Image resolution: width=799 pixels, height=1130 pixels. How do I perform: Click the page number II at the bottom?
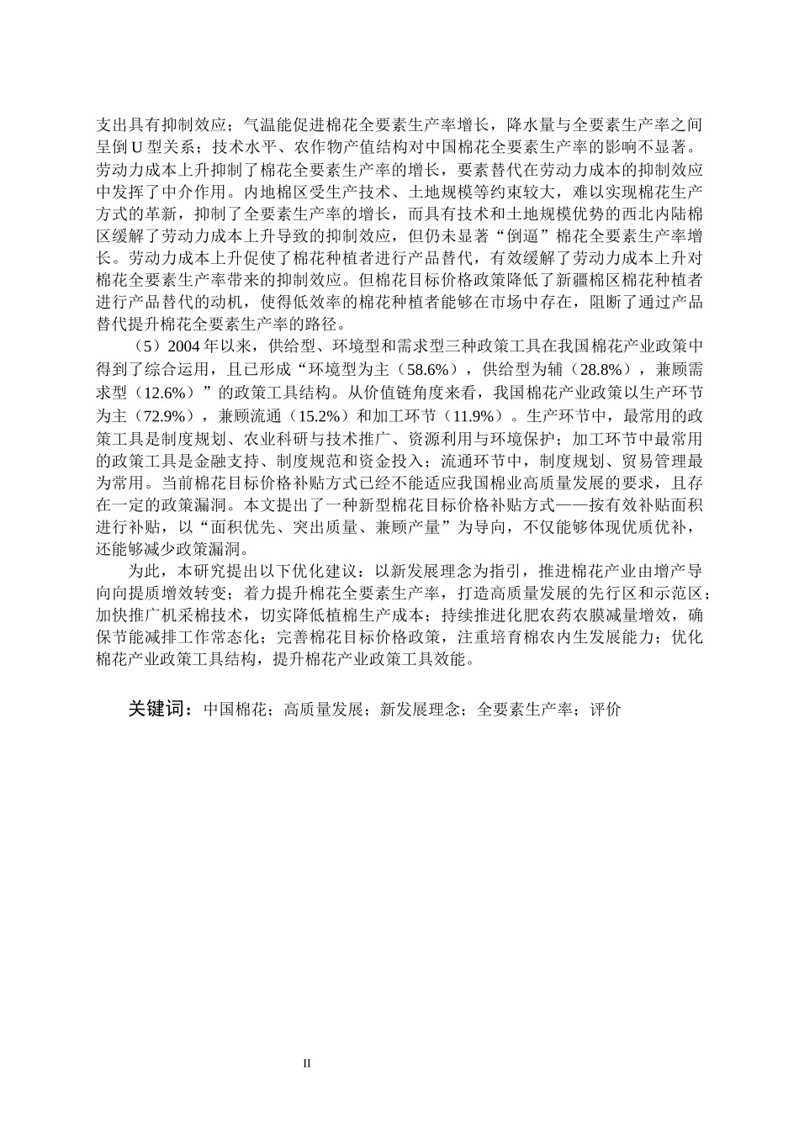click(307, 1064)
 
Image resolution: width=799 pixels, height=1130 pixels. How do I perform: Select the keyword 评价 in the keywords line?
click(605, 710)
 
